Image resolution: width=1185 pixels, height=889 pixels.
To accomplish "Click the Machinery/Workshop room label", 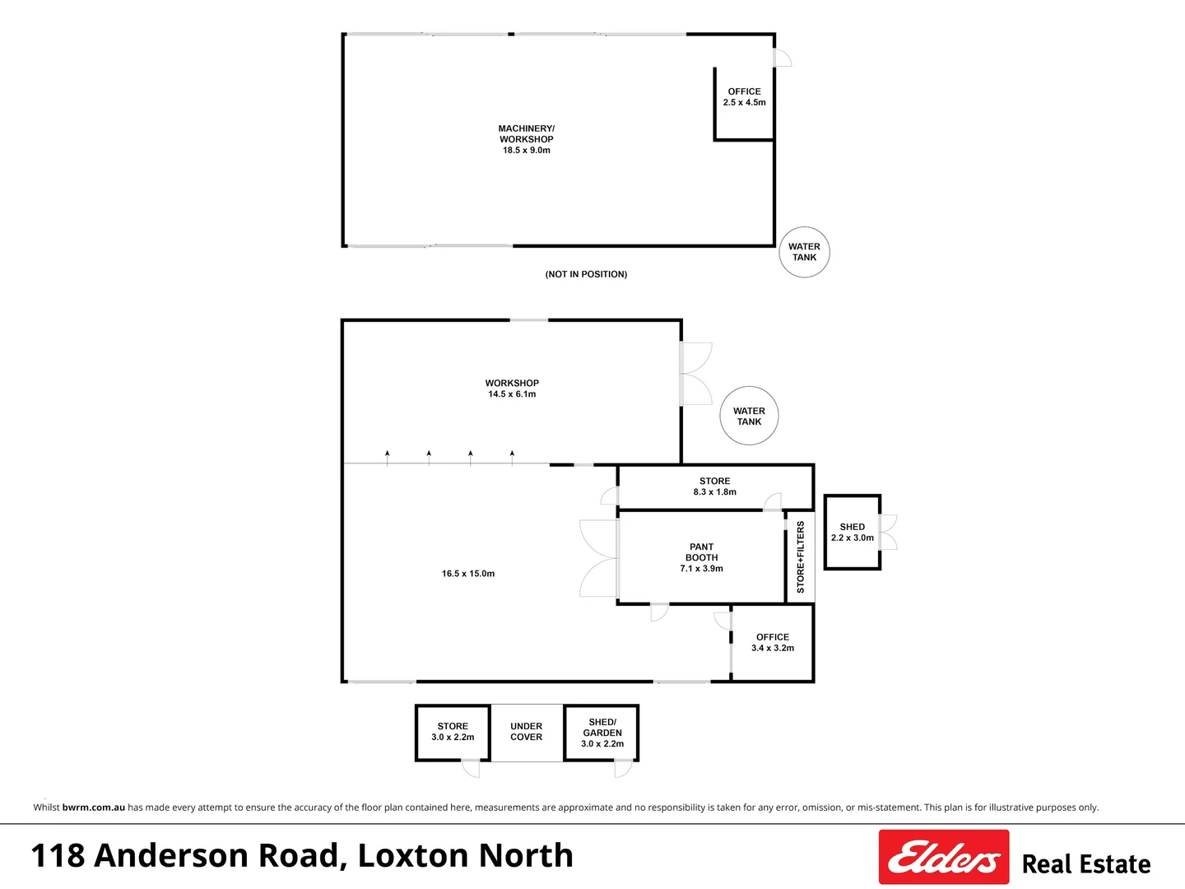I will coord(527,139).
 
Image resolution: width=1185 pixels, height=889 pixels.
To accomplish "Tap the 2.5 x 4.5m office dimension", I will coord(745,103).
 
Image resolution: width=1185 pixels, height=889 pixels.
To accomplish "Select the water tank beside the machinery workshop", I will coord(804,252).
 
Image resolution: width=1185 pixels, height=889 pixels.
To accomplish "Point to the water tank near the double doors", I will coord(749,416).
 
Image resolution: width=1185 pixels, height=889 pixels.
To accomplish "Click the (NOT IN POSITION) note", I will coord(586,274).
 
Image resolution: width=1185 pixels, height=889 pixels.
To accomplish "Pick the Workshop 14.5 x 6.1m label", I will coord(512,389).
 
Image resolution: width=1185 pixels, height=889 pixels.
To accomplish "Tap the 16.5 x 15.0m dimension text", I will coord(468,574).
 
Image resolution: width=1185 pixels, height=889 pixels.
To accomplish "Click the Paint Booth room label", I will coord(701,557).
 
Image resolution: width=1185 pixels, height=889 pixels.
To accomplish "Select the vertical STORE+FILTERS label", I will coord(801,557).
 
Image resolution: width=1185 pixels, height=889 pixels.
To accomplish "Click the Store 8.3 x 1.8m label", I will coord(714,486).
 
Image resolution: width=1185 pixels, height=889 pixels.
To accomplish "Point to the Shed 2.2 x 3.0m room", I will coord(853,532).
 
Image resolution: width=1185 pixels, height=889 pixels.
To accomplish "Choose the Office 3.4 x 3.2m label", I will coord(773,642).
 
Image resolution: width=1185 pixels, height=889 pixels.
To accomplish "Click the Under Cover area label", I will coord(527,732).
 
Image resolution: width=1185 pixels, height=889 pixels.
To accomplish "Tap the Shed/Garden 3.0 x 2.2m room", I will coord(602,733).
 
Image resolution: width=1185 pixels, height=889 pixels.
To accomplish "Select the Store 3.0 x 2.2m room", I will coord(453,732).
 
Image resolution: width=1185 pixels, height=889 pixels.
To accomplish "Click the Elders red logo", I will coord(944,857).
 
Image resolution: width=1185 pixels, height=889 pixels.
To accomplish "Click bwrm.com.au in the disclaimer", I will coord(94,808).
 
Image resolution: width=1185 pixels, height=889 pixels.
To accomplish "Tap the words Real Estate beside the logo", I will coord(1086,864).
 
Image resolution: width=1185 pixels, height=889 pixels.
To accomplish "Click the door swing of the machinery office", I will coord(783,58).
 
